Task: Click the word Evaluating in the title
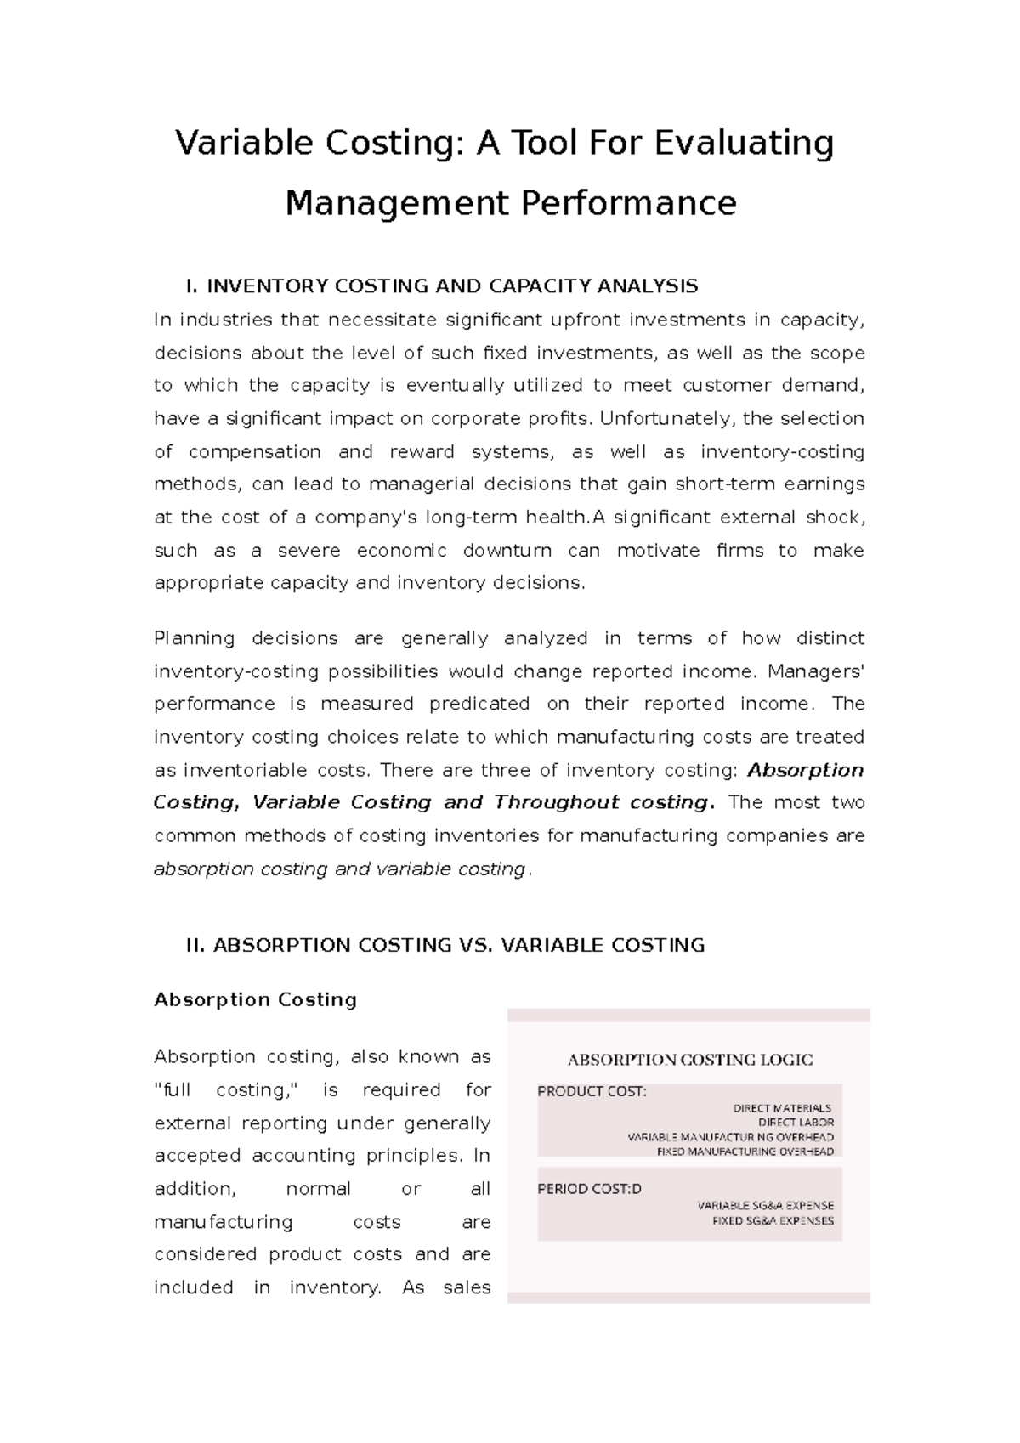(x=744, y=144)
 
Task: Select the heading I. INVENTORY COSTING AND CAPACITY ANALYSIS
(x=441, y=286)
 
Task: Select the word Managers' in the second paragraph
(x=816, y=671)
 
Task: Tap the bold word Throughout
(x=556, y=802)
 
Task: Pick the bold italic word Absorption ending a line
(x=805, y=770)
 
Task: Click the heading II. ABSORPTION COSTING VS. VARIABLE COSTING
(x=445, y=945)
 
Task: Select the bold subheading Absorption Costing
(x=255, y=999)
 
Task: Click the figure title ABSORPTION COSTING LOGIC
(x=689, y=1060)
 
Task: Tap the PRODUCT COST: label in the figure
(x=592, y=1092)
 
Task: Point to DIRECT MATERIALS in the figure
(x=782, y=1108)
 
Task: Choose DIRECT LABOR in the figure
(x=796, y=1123)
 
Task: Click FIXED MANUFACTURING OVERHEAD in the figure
(x=745, y=1152)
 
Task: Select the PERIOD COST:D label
(x=589, y=1189)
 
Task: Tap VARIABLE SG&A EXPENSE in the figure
(x=765, y=1205)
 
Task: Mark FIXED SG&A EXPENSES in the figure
(x=772, y=1220)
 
